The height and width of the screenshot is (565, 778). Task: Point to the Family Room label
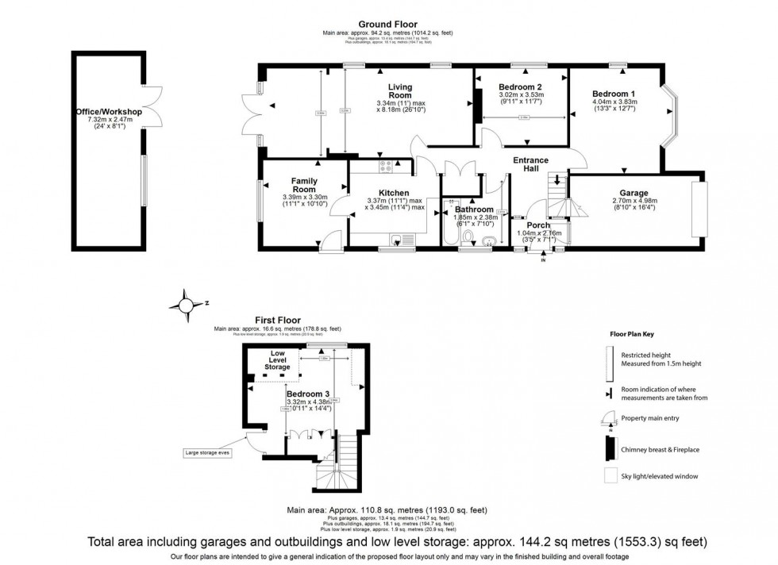pos(304,186)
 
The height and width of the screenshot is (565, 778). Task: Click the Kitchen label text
pos(394,193)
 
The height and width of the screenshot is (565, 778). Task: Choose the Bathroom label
pos(475,209)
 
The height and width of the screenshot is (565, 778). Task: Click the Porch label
pos(539,225)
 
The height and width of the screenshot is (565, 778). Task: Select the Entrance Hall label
pos(541,165)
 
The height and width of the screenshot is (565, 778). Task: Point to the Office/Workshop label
pos(108,113)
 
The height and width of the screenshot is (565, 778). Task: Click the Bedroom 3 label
pos(308,394)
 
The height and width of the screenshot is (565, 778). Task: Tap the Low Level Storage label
pos(278,360)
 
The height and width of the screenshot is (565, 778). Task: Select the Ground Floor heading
pos(387,25)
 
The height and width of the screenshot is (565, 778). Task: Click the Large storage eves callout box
pos(209,454)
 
